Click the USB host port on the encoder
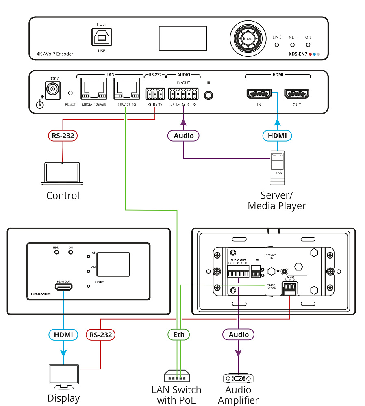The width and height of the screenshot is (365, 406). [102, 39]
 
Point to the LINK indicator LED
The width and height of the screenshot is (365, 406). [276, 44]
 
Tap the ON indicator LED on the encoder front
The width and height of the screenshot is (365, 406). [308, 44]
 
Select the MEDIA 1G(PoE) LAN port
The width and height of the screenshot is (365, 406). [93, 89]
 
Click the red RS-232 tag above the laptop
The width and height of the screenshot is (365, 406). [63, 135]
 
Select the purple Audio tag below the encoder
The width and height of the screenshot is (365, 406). [183, 135]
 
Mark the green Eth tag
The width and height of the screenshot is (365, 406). [179, 335]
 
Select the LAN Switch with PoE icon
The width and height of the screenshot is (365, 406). [176, 376]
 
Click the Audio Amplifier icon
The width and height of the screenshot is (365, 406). [238, 378]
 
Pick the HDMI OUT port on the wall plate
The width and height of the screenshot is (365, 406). [64, 287]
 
